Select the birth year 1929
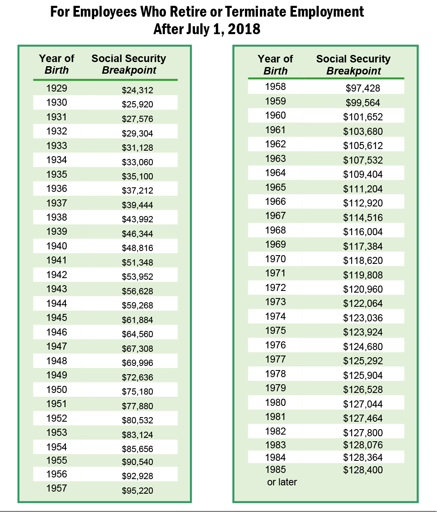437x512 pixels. (57, 88)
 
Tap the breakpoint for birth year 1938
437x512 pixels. (137, 219)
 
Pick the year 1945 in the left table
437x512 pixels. (57, 318)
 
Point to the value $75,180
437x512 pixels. (137, 392)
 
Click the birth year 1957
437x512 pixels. (57, 488)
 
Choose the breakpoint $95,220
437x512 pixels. (137, 491)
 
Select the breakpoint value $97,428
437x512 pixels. (363, 88)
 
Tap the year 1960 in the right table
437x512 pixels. (275, 115)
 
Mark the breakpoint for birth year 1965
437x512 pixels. (363, 189)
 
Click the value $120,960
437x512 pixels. (363, 289)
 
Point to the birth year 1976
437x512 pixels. (275, 345)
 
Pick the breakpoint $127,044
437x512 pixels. (363, 404)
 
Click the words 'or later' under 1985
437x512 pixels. (282, 482)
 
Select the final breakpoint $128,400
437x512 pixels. (363, 470)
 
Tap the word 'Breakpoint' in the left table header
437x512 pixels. (129, 70)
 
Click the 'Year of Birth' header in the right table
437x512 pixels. (275, 65)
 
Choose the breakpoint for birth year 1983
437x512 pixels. (363, 445)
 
